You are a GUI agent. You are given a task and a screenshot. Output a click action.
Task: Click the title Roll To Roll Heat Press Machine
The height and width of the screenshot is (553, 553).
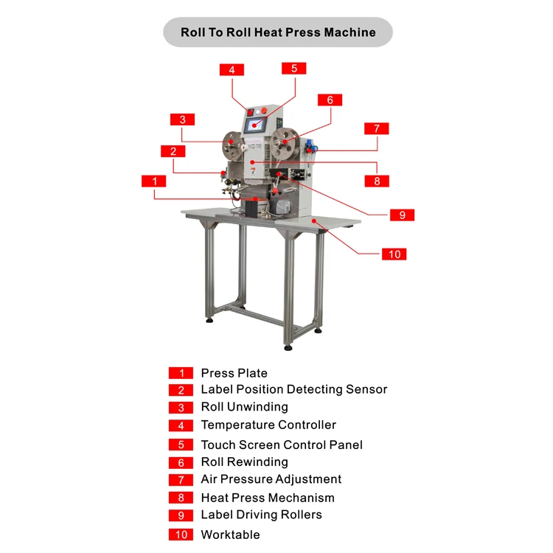(x=278, y=32)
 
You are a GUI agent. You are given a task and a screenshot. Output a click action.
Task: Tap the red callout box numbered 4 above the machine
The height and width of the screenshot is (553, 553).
(x=232, y=70)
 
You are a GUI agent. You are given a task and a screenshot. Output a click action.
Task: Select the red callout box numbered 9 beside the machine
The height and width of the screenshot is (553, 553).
(x=402, y=215)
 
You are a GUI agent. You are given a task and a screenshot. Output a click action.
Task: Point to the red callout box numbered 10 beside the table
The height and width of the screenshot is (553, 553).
(x=394, y=254)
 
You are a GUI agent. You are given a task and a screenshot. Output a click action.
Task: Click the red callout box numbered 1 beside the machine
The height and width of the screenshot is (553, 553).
(x=154, y=181)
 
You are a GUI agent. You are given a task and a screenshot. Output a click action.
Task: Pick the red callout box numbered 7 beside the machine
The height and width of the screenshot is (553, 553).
(x=377, y=128)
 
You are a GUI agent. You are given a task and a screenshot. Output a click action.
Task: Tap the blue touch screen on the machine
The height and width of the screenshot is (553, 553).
(x=254, y=125)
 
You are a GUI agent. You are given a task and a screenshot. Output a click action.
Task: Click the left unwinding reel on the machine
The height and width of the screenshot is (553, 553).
(x=232, y=145)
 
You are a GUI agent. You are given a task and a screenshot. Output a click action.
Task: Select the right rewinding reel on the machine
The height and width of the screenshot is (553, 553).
(x=285, y=143)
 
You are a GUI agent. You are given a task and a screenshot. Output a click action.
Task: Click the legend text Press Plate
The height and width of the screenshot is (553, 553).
(x=234, y=373)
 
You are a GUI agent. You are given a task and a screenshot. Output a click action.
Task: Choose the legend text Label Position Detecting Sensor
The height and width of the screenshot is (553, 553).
(x=294, y=389)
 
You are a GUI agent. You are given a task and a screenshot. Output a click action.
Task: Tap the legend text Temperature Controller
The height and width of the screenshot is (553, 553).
(x=268, y=425)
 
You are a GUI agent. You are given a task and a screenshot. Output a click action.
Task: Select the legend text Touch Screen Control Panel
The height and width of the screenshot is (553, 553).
(x=282, y=445)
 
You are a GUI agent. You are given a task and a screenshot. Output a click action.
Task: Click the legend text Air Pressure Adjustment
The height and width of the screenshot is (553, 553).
(x=271, y=479)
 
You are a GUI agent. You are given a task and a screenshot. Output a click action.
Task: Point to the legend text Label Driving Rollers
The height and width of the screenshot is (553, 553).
(x=261, y=515)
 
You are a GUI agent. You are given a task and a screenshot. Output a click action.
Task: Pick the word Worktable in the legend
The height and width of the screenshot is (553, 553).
(x=230, y=535)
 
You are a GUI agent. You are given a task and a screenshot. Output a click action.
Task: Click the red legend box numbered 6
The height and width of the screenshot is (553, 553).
(x=181, y=463)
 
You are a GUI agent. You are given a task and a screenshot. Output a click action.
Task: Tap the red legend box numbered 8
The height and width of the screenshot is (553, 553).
(x=181, y=498)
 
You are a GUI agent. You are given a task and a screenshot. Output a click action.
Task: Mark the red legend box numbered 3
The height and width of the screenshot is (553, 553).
(x=181, y=408)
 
